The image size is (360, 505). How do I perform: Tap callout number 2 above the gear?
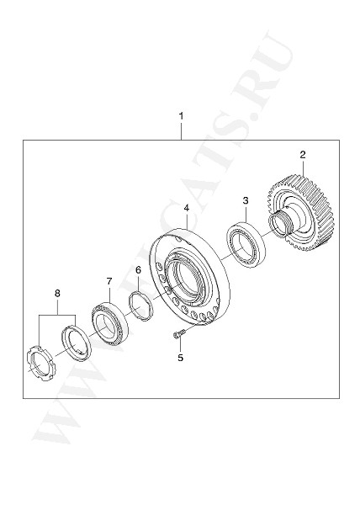302,154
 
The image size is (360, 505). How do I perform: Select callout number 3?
245,200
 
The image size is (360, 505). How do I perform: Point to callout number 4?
186,207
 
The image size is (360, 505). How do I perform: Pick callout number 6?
137,269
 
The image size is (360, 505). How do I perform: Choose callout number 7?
109,280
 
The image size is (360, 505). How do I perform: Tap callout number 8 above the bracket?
57,293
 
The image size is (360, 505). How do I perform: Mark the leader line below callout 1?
180,130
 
